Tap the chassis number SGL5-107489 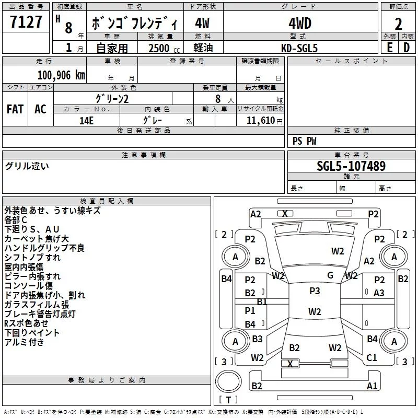coord(352,166)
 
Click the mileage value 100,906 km coord(62,75)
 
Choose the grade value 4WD coord(299,24)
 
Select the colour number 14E coord(86,120)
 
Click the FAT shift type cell coord(15,109)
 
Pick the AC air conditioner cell coord(40,109)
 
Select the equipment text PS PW coord(305,141)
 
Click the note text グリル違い coord(27,166)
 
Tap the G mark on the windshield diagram coord(330,275)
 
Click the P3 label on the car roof coord(315,291)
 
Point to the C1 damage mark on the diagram coord(371,358)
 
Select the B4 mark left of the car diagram coord(226,279)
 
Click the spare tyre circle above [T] coord(228,382)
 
